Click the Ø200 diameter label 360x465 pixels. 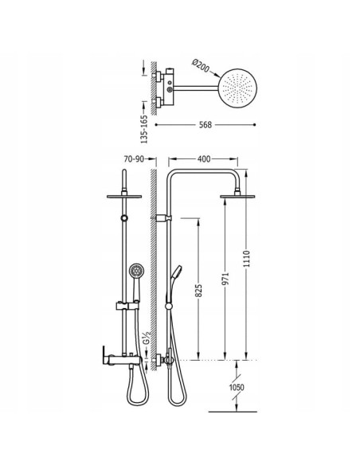[201, 66]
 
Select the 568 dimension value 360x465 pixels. [205, 125]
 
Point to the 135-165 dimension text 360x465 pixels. [144, 129]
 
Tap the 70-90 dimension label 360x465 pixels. [134, 159]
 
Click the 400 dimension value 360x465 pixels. [204, 159]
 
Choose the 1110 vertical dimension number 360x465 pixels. [247, 259]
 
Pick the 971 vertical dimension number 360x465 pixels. [226, 279]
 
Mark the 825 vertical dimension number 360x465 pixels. [198, 291]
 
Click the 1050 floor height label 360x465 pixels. [237, 387]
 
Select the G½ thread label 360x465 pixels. [147, 338]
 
